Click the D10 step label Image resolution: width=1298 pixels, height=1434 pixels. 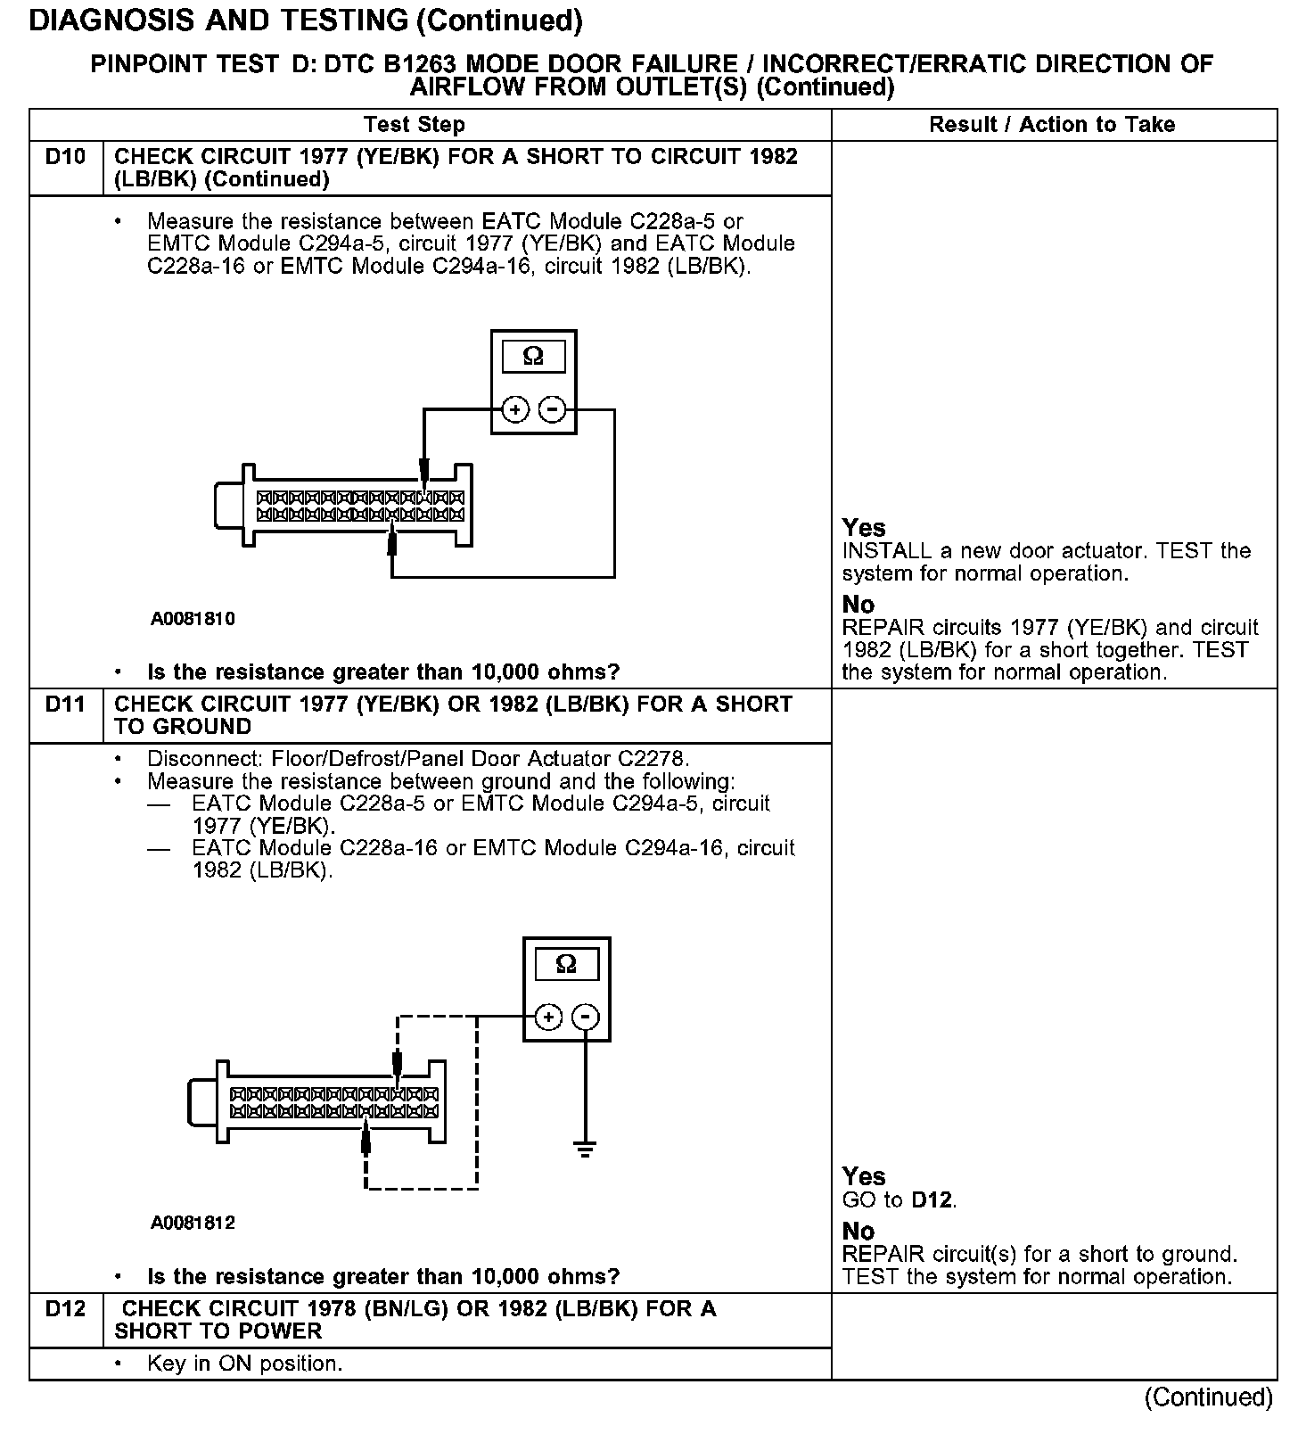(65, 157)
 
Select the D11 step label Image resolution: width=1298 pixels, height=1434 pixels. (65, 705)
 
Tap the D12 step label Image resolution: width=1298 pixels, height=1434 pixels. (65, 1309)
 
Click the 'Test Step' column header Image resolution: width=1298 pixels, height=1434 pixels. (414, 125)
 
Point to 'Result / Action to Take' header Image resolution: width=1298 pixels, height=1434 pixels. (1052, 125)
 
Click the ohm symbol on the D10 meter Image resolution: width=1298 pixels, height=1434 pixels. (533, 357)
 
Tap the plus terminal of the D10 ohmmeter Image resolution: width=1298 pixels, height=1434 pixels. (515, 409)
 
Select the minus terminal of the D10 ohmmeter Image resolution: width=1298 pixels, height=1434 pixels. (553, 409)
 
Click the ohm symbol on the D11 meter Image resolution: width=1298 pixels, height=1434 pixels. (566, 964)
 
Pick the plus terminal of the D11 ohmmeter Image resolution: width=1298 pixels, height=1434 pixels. (548, 1017)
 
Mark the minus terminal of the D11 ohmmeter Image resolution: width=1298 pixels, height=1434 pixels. (586, 1017)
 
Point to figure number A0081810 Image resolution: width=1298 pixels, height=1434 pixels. (193, 619)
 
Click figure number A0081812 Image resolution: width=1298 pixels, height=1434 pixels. (193, 1223)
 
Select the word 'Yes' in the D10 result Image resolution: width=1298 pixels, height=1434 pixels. (864, 528)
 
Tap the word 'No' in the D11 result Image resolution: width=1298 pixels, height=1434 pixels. (858, 1232)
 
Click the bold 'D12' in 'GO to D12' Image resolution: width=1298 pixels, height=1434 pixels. (932, 1200)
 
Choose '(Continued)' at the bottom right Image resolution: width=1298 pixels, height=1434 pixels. (1208, 1397)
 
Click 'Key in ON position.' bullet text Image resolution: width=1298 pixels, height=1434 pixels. (244, 1364)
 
